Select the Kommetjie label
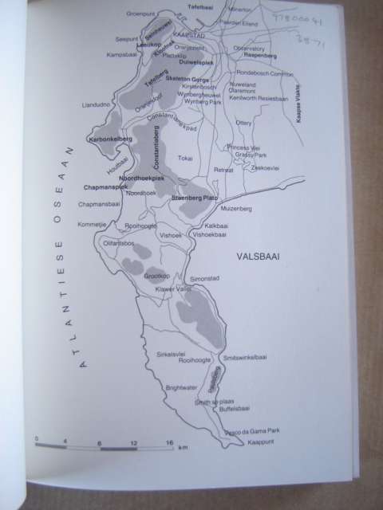[x=92, y=225]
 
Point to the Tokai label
[x=185, y=158]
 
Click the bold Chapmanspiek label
[x=105, y=187]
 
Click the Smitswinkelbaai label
[x=247, y=357]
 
